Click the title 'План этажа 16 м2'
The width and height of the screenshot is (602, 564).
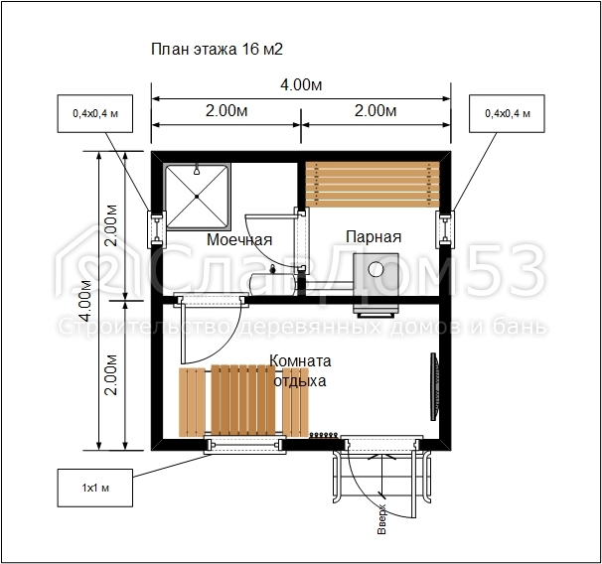click(x=217, y=49)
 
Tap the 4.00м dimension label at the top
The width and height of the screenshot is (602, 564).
click(x=301, y=84)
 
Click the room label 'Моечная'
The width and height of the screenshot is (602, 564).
click(x=239, y=239)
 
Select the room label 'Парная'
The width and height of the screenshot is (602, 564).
click(x=374, y=236)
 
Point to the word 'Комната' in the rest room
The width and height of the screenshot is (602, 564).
click(x=300, y=361)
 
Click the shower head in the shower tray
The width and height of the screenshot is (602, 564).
click(x=197, y=170)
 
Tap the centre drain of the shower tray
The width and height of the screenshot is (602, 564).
click(x=197, y=197)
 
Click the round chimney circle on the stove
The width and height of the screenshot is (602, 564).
click(x=376, y=269)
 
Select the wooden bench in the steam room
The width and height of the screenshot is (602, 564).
click(x=373, y=185)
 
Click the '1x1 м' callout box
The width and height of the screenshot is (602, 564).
click(x=95, y=488)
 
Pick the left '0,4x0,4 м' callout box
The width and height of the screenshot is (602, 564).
click(x=95, y=113)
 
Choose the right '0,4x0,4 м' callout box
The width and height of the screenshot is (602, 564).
click(x=507, y=113)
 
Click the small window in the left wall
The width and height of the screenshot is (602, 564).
click(x=157, y=229)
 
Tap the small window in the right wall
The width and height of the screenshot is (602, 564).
click(x=445, y=229)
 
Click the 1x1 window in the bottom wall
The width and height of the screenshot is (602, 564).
click(x=245, y=445)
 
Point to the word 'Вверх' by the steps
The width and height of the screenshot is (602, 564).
click(x=382, y=519)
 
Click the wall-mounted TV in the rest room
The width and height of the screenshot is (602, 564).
click(x=434, y=386)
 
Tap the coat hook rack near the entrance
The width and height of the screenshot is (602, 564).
click(x=324, y=435)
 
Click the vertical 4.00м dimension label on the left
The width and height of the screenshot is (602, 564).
click(x=86, y=301)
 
